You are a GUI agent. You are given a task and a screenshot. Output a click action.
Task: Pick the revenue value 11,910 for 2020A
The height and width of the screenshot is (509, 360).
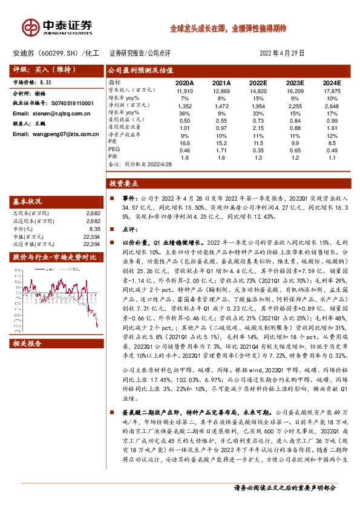pyautogui.click(x=185, y=90)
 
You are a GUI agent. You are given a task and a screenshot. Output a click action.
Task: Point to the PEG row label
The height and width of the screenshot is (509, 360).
pyautogui.click(x=114, y=149)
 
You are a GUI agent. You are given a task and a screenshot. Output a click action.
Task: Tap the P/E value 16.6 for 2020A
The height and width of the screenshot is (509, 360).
pyautogui.click(x=185, y=141)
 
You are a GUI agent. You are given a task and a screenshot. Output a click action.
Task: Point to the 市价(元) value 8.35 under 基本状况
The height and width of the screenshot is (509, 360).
pyautogui.click(x=94, y=230)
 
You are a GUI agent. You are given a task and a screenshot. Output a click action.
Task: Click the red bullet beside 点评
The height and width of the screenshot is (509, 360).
pyautogui.click(x=111, y=230)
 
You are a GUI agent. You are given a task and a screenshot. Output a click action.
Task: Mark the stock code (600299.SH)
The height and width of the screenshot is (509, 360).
pyautogui.click(x=62, y=53)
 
